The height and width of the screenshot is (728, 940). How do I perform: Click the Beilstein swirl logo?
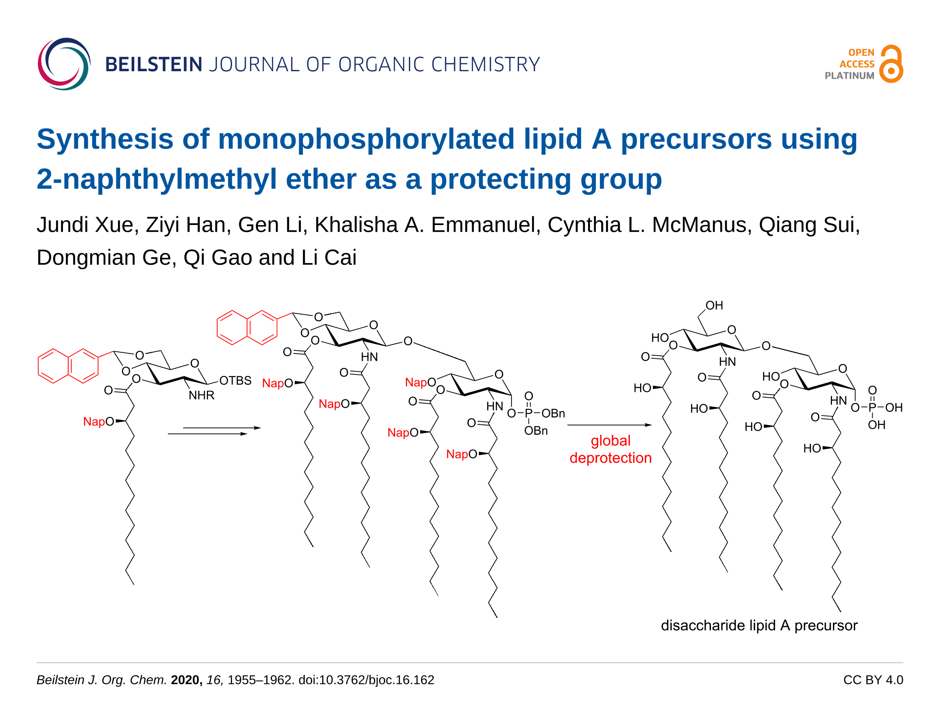tap(64, 64)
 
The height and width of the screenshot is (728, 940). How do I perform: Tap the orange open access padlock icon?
tap(891, 64)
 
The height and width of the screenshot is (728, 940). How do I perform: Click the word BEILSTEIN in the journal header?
tap(153, 65)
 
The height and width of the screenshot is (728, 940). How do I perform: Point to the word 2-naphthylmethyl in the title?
tap(157, 179)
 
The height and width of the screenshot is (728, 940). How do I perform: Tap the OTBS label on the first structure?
tap(235, 381)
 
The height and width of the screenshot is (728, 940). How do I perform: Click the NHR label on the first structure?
tap(201, 395)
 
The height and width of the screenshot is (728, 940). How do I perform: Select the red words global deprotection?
tap(610, 449)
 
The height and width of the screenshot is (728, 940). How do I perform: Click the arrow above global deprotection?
tap(609, 425)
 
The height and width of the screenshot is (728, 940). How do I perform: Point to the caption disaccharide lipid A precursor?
tap(759, 625)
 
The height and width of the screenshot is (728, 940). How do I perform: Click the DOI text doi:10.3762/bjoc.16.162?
tap(366, 680)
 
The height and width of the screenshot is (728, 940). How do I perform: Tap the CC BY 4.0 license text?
tap(873, 680)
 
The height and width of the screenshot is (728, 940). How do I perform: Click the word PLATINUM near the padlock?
tap(849, 76)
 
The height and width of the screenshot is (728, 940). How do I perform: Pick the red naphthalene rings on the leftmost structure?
tap(68, 366)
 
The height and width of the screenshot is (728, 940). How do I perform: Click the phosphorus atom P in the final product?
tap(872, 408)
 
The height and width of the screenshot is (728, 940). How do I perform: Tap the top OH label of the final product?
tap(714, 305)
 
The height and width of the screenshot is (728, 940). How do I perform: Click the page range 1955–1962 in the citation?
tap(260, 680)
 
